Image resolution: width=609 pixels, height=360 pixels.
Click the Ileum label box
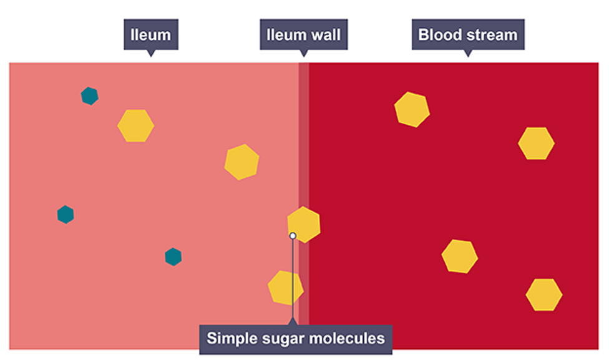point(150,34)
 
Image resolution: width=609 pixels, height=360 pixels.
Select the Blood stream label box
point(467,34)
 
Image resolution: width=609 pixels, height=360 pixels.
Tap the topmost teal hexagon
point(90,95)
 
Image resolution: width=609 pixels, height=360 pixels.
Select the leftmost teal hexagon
point(66,215)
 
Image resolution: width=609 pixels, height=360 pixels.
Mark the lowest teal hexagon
point(173,256)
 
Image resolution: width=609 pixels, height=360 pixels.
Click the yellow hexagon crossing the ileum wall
point(304,224)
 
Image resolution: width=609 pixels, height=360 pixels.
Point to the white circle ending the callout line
point(293,236)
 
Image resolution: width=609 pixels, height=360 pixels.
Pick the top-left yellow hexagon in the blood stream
point(412,109)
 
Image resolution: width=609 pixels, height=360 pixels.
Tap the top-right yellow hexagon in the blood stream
point(536,144)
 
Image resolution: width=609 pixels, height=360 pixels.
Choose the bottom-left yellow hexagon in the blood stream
point(460,256)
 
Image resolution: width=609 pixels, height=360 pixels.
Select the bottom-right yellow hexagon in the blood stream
point(544,294)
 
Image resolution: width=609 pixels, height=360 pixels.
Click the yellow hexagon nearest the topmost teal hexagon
point(135,125)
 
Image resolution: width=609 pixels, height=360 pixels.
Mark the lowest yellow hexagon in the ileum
point(286,288)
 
